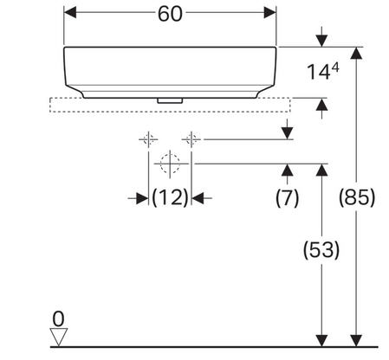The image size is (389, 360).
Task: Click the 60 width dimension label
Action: (170, 14)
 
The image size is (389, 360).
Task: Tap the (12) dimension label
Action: (170, 198)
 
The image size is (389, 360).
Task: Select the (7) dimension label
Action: (287, 198)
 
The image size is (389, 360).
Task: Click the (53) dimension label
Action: (321, 250)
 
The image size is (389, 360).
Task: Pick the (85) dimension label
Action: (357, 198)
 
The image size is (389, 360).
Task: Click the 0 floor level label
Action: (59, 319)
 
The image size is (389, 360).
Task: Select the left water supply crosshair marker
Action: (148, 139)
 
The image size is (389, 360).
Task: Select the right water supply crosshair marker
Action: (191, 139)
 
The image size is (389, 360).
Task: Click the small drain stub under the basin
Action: (170, 100)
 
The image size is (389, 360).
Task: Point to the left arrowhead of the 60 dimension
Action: (70, 13)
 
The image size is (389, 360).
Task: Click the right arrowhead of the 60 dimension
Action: (270, 13)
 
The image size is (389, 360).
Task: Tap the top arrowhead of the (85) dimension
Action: (357, 53)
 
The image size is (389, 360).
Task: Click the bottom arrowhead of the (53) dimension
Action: (321, 340)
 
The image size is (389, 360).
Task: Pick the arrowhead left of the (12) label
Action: (142, 198)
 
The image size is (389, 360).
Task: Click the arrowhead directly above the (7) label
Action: (287, 170)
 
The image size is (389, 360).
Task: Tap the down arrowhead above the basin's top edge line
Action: (321, 41)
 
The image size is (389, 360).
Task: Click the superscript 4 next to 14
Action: (335, 68)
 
